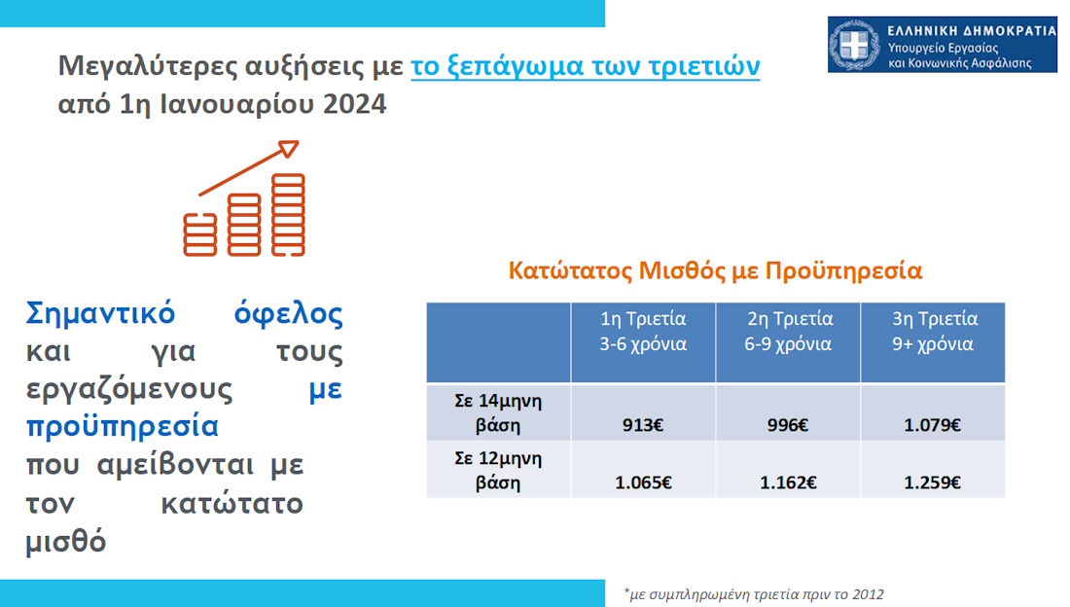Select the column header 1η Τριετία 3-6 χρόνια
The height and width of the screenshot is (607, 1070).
coord(643,331)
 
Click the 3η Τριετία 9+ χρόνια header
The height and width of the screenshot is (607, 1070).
coord(934,331)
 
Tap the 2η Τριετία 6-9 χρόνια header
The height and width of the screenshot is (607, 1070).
coord(789,331)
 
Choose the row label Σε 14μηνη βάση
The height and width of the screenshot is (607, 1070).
coord(498,412)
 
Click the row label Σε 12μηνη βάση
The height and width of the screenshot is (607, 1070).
coord(498,470)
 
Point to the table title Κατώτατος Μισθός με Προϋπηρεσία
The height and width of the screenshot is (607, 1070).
coord(715,270)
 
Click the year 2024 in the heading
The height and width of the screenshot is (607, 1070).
coord(354,104)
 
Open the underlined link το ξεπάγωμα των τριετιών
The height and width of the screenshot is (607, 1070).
coord(585,66)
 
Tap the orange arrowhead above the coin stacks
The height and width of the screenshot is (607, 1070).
coord(289,148)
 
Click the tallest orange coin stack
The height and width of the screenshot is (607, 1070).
coord(288,214)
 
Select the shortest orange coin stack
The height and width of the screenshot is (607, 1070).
coord(200,234)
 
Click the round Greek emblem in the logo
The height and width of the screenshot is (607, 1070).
coord(854,45)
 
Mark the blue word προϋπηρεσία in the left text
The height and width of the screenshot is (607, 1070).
coord(123,427)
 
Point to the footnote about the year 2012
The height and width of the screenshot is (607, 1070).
coord(753,594)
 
